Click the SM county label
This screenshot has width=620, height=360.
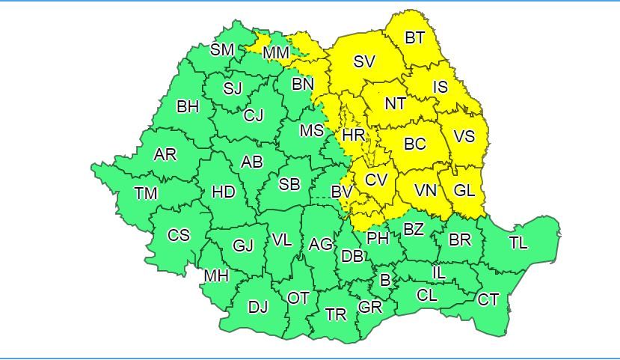click(x=222, y=50)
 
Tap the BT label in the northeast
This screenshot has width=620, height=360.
click(x=414, y=37)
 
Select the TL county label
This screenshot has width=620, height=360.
click(x=518, y=242)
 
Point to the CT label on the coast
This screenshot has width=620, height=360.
click(x=488, y=299)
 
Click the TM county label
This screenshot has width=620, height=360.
click(x=146, y=193)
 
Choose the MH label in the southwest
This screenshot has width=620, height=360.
click(x=216, y=276)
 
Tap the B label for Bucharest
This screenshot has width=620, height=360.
click(x=385, y=281)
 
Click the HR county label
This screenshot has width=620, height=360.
click(x=353, y=135)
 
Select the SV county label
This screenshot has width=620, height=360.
click(x=364, y=61)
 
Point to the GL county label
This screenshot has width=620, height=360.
click(x=464, y=190)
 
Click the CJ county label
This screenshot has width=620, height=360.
click(x=254, y=115)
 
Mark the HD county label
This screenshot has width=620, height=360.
click(x=224, y=192)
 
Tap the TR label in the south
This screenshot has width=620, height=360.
click(x=337, y=314)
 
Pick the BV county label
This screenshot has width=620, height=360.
click(x=342, y=192)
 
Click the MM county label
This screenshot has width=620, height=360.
click(x=277, y=52)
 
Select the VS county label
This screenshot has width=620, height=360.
click(x=464, y=137)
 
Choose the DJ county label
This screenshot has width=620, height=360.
click(x=258, y=306)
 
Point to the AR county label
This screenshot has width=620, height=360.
click(x=165, y=154)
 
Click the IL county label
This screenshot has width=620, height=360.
click(x=439, y=273)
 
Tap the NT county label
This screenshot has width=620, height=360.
click(x=395, y=104)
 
